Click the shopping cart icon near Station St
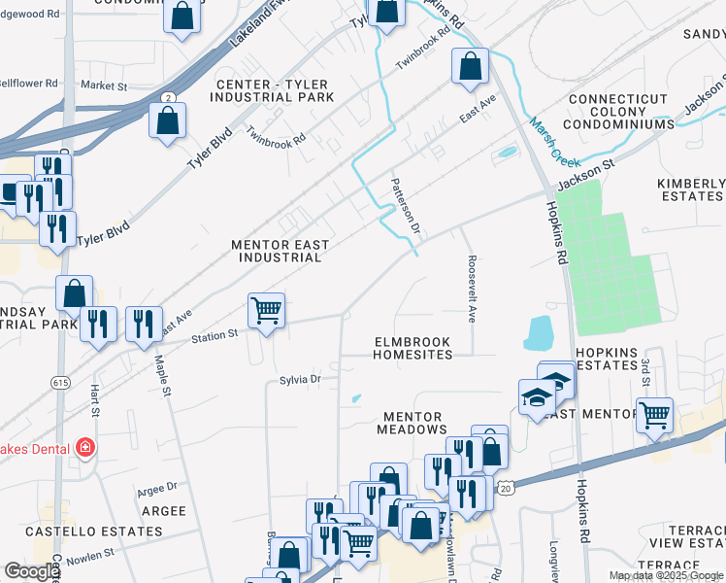266,311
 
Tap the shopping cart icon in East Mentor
655,414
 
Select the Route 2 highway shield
169,98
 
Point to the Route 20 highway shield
505,491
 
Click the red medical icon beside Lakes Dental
85,447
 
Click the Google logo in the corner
31,571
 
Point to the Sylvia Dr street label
300,380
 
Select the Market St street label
104,86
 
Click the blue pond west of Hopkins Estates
537,333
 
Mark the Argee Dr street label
157,487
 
